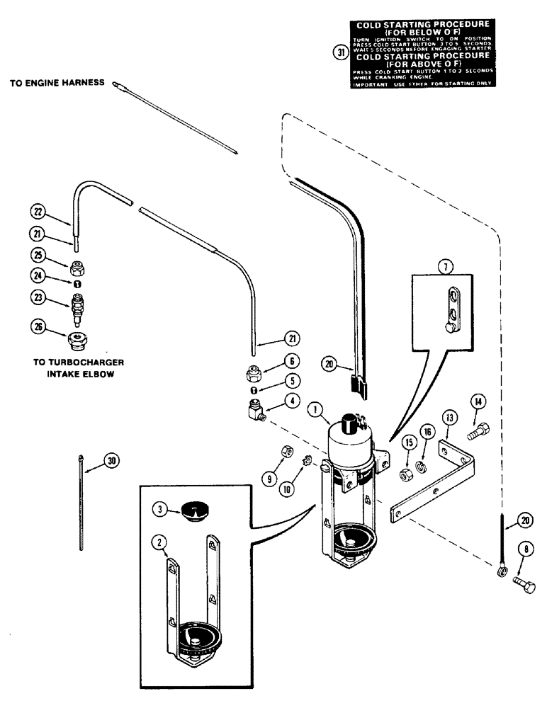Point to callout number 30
coord(110,461)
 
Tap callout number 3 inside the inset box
coord(161,509)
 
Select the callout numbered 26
coord(40,326)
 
